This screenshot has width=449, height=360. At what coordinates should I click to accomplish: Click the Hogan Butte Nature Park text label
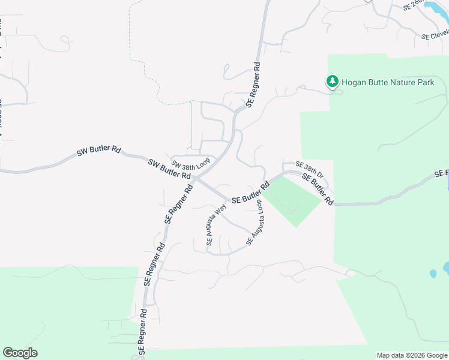click(x=388, y=82)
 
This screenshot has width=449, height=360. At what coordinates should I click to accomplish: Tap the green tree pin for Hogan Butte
click(x=331, y=81)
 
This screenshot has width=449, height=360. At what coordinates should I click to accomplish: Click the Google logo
click(x=20, y=352)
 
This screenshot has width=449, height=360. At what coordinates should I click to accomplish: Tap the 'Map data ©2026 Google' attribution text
click(x=412, y=355)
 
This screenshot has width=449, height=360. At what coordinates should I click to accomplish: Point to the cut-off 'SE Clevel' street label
click(x=435, y=35)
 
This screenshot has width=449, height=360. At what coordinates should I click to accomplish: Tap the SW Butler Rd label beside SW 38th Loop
click(x=170, y=169)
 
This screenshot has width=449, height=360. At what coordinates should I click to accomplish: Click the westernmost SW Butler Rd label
click(x=99, y=151)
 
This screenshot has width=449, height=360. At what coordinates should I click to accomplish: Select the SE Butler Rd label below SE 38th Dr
click(x=317, y=189)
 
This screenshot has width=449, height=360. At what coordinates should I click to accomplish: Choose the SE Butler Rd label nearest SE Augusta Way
click(x=250, y=191)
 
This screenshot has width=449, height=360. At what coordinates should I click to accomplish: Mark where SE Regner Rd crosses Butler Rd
click(x=196, y=178)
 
